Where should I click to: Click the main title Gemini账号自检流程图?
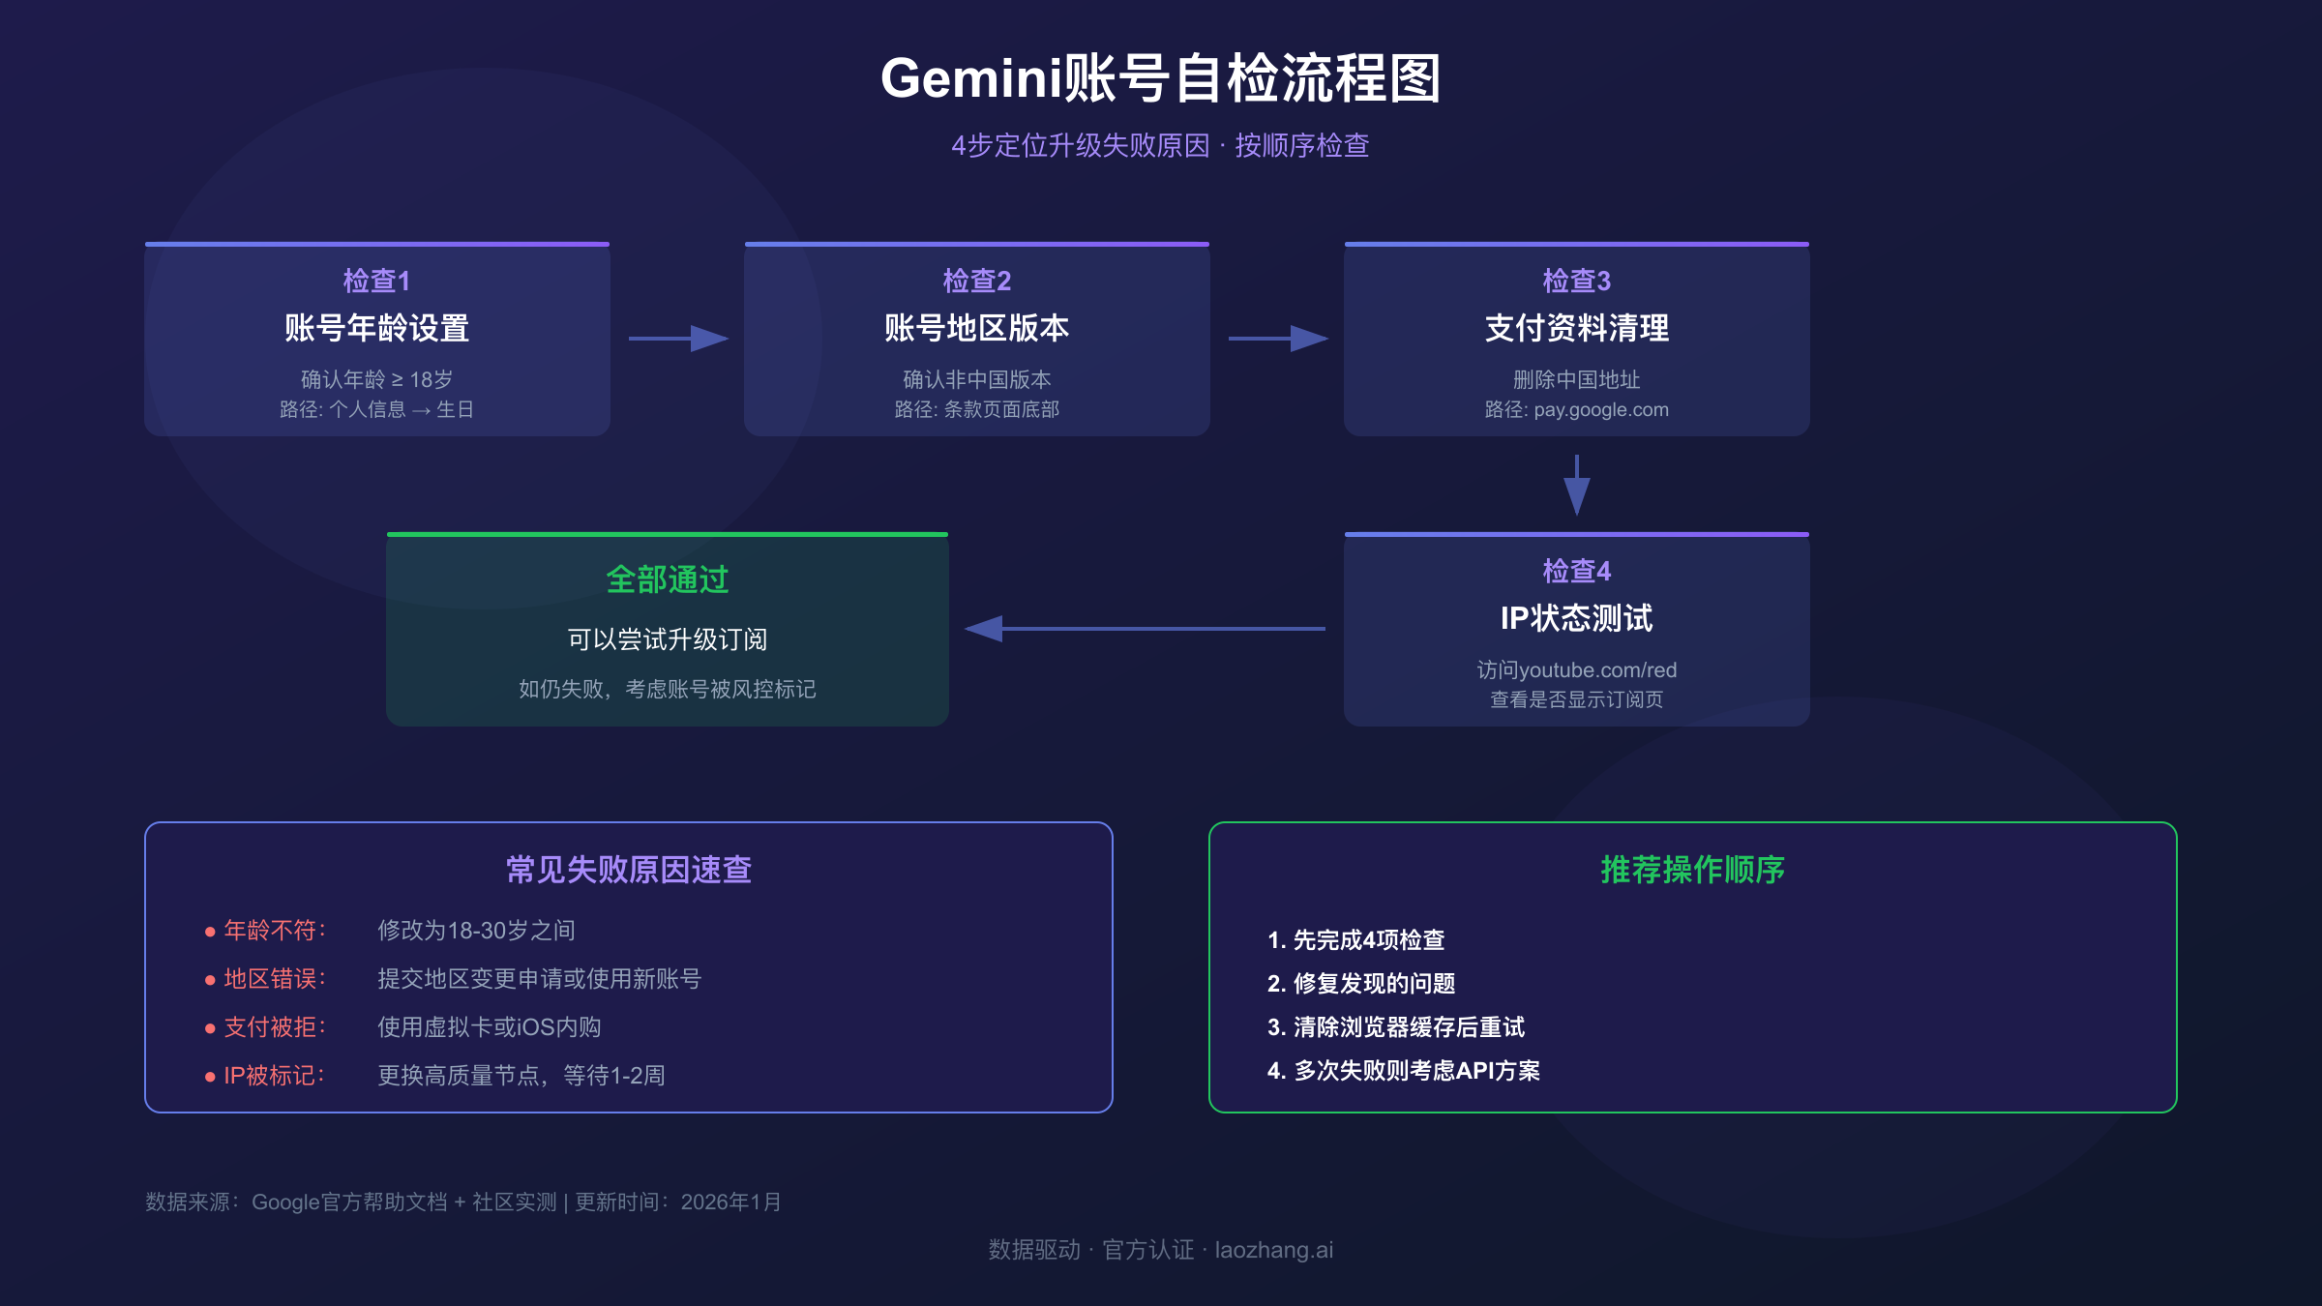[x=1160, y=78]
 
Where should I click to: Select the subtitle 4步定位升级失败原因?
[x=1080, y=145]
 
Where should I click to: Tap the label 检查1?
[x=376, y=281]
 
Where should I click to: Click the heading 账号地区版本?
[x=976, y=328]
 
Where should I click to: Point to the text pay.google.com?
[x=1600, y=409]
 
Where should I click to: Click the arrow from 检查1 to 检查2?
[x=678, y=339]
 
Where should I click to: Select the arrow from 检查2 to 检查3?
[x=1278, y=339]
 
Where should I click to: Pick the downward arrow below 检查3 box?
[x=1576, y=485]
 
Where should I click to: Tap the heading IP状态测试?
[x=1576, y=618]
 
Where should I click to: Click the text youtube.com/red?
[x=1596, y=669]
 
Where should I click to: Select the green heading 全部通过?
[x=667, y=579]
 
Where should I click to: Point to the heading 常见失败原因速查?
[x=629, y=870]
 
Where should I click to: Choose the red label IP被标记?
[x=273, y=1076]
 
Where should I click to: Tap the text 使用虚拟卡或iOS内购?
[x=489, y=1027]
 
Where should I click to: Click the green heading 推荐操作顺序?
[x=1692, y=870]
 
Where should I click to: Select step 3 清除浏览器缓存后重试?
[x=1396, y=1027]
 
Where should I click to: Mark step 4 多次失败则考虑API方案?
[x=1404, y=1071]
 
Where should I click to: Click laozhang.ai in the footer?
[x=1273, y=1250]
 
